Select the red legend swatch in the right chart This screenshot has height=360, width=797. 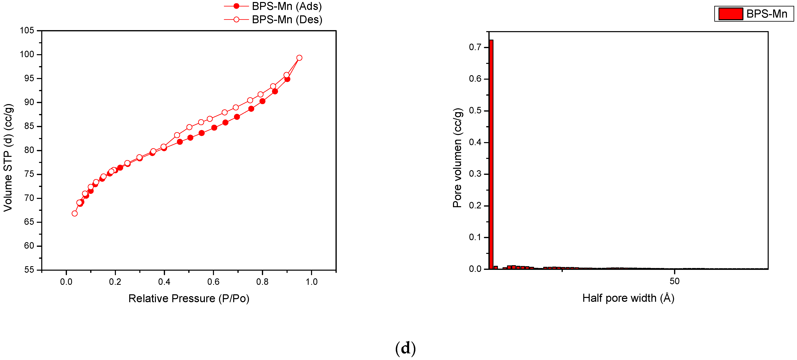point(730,14)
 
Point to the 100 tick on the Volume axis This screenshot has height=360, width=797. point(27,54)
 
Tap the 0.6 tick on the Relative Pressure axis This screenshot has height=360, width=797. point(213,282)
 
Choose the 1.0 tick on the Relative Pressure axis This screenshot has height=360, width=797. point(312,282)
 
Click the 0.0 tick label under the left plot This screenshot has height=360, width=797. point(66,282)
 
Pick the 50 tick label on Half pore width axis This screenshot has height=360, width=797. point(674,281)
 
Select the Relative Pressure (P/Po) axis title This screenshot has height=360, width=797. point(189,299)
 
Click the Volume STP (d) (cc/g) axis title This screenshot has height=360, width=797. point(8,158)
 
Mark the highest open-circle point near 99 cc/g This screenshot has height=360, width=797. point(299,58)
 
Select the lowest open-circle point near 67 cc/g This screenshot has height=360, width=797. point(75,213)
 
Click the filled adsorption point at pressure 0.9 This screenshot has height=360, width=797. point(287,79)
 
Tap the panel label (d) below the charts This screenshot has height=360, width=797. point(405,348)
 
